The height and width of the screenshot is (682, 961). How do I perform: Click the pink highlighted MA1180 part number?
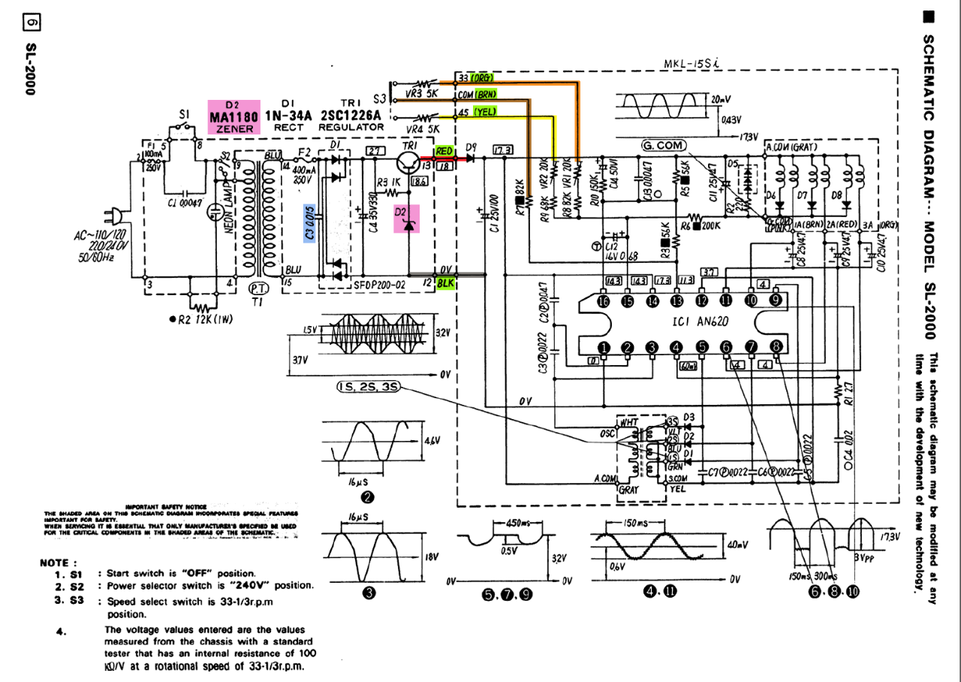[x=234, y=117]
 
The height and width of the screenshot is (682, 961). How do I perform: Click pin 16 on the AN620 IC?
[x=604, y=299]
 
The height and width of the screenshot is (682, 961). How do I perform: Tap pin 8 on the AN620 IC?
[x=776, y=346]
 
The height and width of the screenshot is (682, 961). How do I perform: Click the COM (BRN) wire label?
[x=477, y=95]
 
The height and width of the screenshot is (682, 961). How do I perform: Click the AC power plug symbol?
[x=113, y=216]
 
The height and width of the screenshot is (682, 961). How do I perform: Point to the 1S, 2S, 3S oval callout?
[x=368, y=387]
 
